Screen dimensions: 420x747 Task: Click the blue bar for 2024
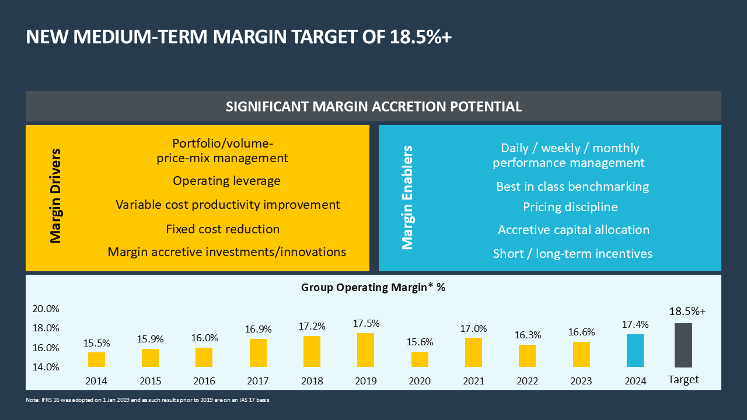[636, 351]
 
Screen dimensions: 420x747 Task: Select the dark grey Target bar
[683, 345]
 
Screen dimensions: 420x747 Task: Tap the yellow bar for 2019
[365, 350]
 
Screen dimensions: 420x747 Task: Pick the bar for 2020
[420, 359]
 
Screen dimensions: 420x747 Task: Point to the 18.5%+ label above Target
[687, 311]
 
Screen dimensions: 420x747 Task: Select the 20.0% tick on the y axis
[46, 309]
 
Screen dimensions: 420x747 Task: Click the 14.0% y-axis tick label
[46, 367]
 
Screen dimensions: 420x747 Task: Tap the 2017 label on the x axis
[258, 381]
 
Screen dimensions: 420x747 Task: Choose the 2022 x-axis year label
[527, 381]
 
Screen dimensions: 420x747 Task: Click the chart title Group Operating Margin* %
[373, 287]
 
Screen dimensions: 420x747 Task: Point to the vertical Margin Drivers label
[55, 196]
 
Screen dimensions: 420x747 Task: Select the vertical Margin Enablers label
[408, 197]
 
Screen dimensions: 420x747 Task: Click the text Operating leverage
[226, 181]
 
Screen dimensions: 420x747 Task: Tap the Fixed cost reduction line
[222, 229]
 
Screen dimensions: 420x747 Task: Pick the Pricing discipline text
[570, 207]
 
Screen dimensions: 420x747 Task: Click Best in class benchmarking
[573, 187]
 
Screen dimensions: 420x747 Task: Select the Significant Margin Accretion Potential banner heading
[373, 107]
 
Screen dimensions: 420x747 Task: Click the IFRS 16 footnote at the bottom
[148, 400]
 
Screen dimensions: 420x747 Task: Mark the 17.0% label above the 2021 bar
[473, 329]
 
